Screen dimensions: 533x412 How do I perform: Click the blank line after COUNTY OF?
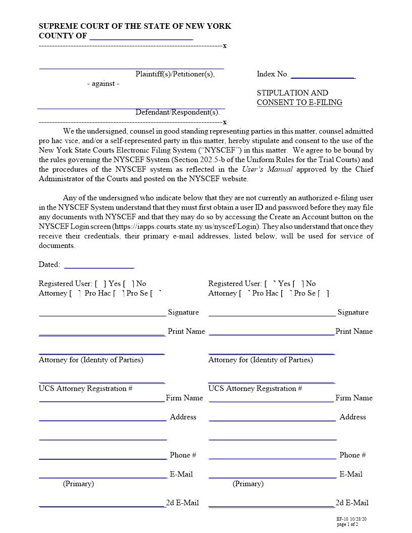pos(141,37)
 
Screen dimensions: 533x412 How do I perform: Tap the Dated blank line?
pos(99,266)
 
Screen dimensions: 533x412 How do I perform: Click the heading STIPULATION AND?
pos(292,93)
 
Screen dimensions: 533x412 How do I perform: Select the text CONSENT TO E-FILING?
pos(299,102)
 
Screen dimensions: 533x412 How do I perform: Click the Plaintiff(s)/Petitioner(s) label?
pos(175,74)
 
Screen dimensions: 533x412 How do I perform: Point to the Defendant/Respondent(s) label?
pos(177,112)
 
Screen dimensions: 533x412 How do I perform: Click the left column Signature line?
pos(102,314)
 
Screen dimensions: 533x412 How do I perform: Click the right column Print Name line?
pos(271,333)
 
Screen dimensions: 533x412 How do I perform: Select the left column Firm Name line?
pos(102,400)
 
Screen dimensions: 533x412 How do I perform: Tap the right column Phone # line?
pos(272,457)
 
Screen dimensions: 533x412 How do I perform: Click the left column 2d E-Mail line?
pos(102,505)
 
